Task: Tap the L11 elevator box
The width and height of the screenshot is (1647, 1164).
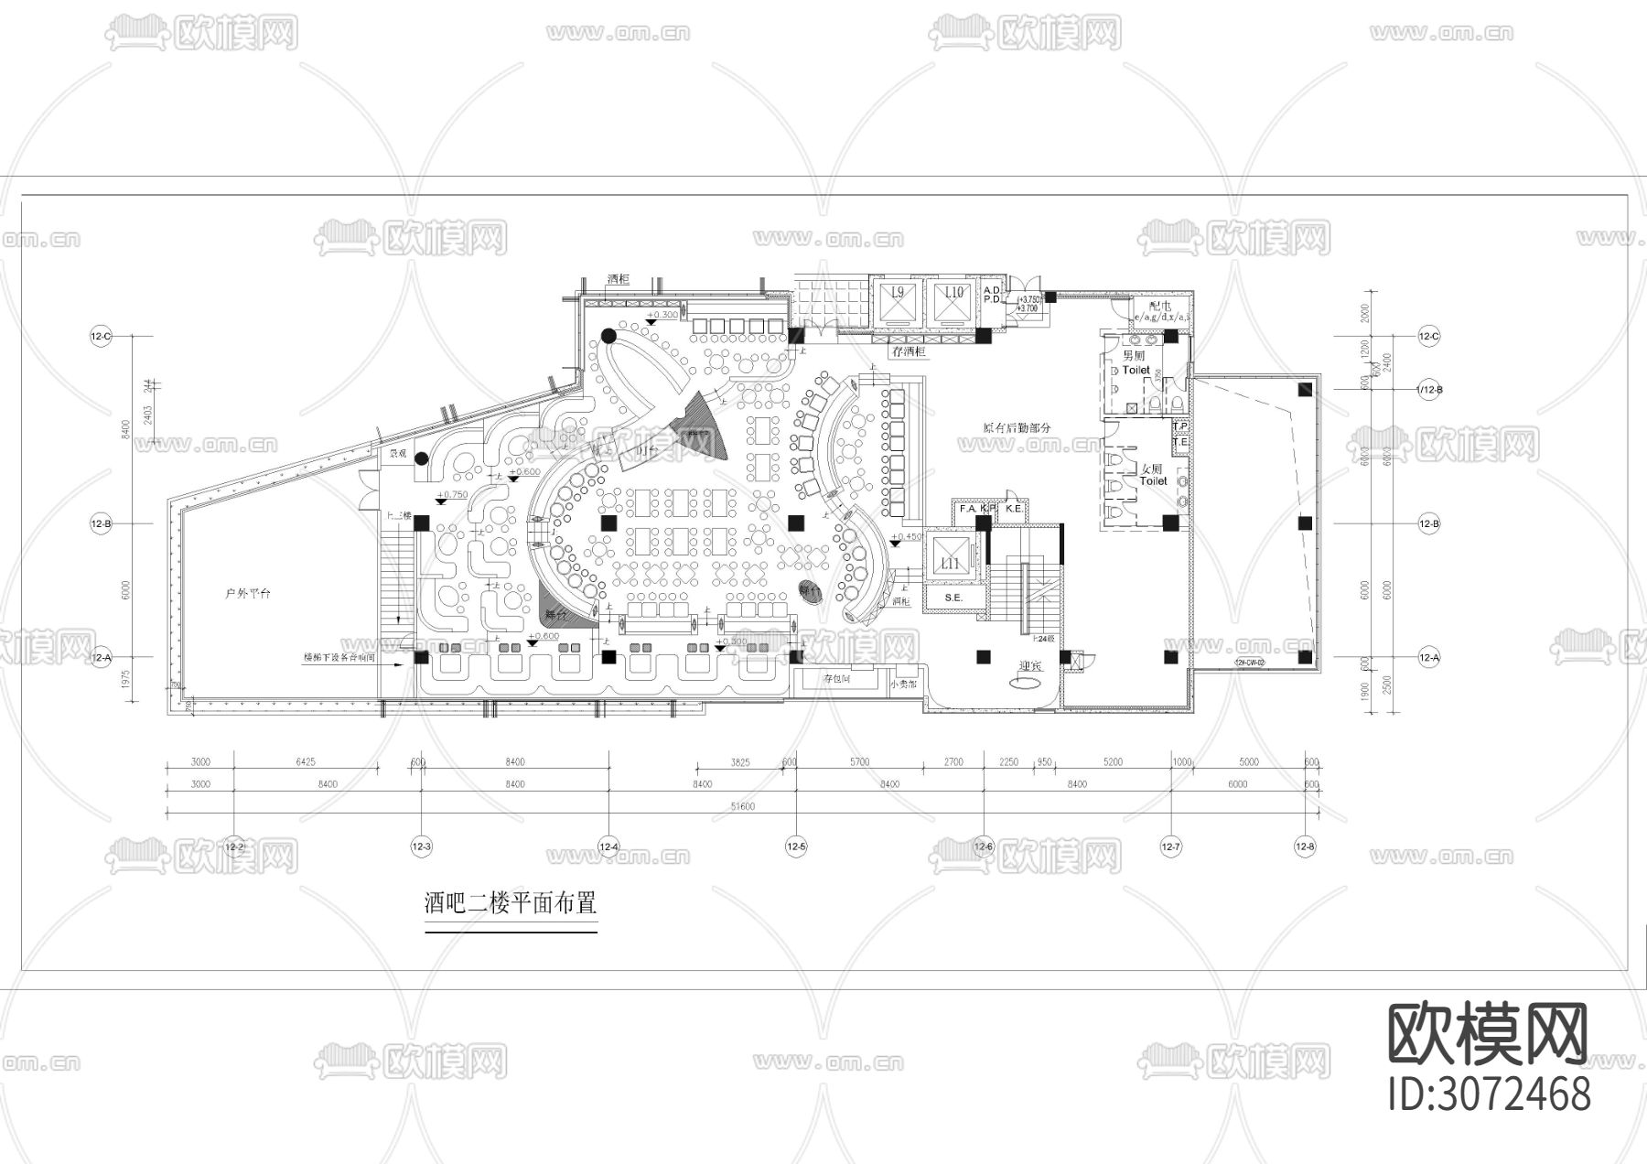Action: click(951, 560)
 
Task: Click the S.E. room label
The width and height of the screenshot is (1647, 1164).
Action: click(953, 598)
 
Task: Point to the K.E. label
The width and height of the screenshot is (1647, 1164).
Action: click(1013, 508)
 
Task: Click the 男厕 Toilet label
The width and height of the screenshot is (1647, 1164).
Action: click(1135, 363)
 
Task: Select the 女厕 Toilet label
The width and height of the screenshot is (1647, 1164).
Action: click(1152, 474)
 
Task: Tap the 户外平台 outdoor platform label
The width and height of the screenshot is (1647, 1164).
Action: click(248, 594)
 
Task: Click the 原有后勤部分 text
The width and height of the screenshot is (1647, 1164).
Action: click(1017, 427)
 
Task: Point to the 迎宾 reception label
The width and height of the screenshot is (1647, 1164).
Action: click(1030, 666)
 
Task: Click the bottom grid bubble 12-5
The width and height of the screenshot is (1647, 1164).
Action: click(796, 847)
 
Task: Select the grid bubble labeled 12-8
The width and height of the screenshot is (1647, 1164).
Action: click(1305, 847)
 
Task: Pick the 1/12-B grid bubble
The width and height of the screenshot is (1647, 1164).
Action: click(1428, 390)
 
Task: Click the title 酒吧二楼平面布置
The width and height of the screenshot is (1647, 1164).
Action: click(511, 905)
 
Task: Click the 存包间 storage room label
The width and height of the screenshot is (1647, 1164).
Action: click(836, 679)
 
